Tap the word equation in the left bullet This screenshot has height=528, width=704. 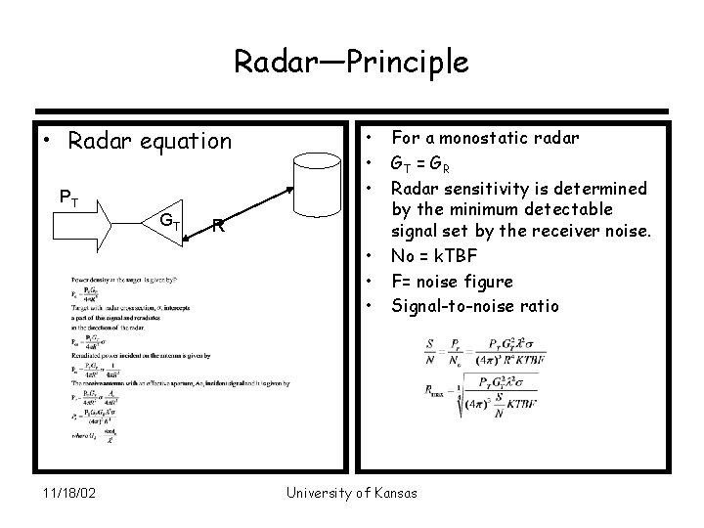(183, 141)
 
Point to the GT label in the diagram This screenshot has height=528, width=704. (169, 219)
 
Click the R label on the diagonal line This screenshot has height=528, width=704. (221, 227)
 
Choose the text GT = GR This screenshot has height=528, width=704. (430, 163)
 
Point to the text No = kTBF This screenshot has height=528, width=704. (437, 257)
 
